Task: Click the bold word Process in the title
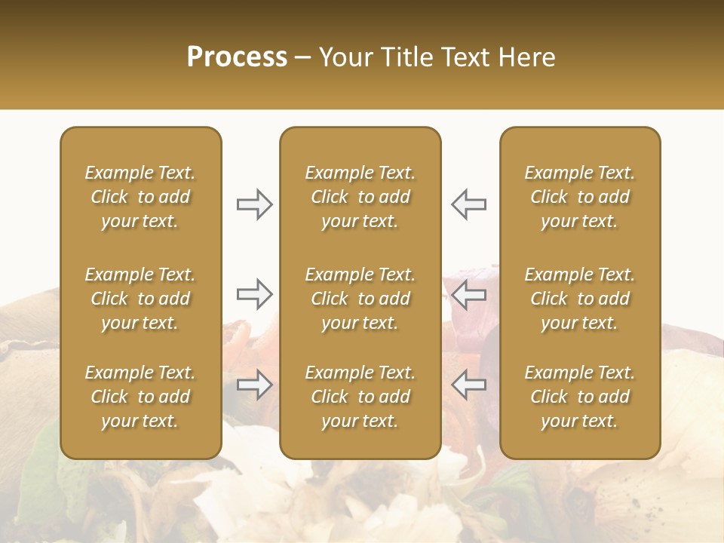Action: (237, 57)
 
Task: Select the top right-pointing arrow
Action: (254, 204)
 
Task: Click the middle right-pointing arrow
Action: (254, 294)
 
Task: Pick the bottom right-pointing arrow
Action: (254, 385)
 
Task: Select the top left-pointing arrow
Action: (468, 204)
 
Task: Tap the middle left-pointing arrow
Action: (468, 294)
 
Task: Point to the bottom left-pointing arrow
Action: (468, 385)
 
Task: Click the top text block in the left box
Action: (140, 197)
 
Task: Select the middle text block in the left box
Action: (140, 299)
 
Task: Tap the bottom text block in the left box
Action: (140, 397)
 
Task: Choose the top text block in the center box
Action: (360, 197)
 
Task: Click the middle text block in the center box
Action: (360, 299)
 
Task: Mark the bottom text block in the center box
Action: (360, 397)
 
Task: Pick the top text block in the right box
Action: (579, 197)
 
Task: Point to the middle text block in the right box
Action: (579, 299)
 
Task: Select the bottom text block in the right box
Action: (579, 397)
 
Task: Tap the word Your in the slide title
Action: (343, 57)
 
